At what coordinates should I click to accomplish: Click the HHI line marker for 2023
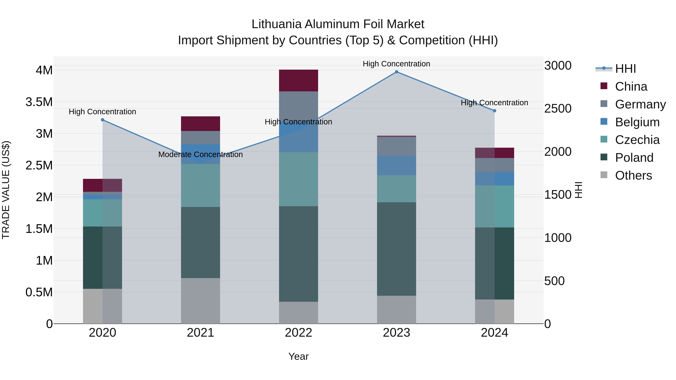click(397, 72)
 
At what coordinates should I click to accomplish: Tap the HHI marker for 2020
click(103, 120)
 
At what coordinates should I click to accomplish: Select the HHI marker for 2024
click(494, 111)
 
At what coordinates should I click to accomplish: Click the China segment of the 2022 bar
click(298, 81)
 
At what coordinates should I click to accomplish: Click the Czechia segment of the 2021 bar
click(201, 185)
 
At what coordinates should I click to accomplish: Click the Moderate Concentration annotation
click(201, 154)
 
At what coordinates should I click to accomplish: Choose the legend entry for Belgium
click(637, 122)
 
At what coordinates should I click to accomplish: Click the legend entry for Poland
click(634, 158)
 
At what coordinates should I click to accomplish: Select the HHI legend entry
click(625, 69)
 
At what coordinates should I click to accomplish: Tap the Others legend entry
click(633, 175)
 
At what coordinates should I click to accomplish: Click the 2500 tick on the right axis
click(558, 109)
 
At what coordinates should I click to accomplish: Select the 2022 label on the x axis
click(298, 333)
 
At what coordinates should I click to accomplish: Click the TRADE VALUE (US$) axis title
click(6, 190)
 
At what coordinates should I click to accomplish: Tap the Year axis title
click(298, 356)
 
